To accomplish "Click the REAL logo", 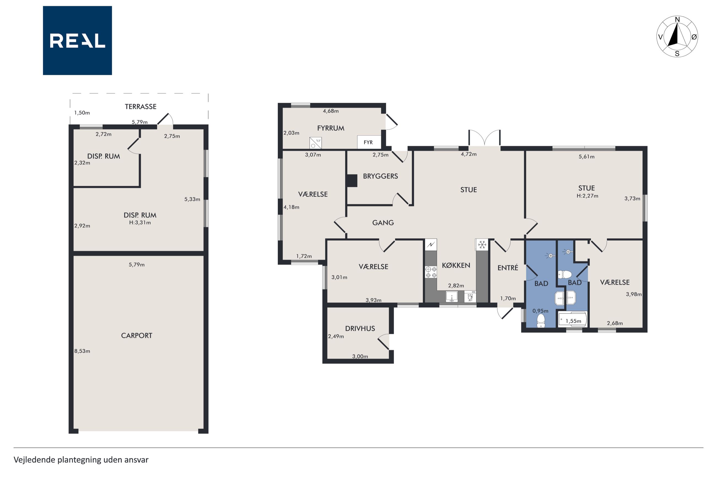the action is [77, 40].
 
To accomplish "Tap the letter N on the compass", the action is [677, 20].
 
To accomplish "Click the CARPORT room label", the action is [137, 336].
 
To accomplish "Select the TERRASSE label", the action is [140, 107].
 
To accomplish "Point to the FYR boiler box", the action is [369, 142].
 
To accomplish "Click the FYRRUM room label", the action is [331, 128].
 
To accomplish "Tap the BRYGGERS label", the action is [380, 176].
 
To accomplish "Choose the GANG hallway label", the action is [383, 223].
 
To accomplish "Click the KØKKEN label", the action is [456, 265].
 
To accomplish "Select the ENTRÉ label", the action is [508, 268].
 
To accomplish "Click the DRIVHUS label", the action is [360, 328].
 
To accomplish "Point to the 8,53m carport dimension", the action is [82, 351].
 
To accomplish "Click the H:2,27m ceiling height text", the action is [587, 196].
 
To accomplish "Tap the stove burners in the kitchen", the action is [431, 272].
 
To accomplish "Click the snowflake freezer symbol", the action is [482, 245].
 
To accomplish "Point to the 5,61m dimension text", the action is [586, 157].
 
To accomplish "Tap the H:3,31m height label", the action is [140, 223].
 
